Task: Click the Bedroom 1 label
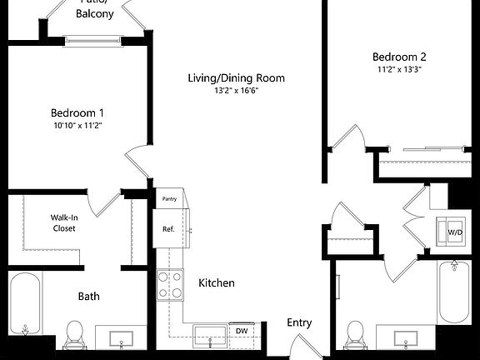77,112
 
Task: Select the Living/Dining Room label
236,78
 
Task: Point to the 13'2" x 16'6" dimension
236,90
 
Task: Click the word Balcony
95,14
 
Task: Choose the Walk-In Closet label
64,222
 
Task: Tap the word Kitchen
216,283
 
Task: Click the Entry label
300,322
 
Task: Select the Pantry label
169,199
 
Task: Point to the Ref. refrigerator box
169,229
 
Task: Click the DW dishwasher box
242,332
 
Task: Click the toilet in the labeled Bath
74,333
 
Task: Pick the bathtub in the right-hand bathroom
455,292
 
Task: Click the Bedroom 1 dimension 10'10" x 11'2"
77,125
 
